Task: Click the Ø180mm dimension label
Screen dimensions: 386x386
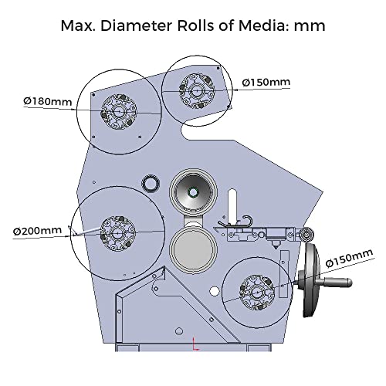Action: coord(48,101)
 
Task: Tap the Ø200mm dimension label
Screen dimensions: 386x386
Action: coord(38,231)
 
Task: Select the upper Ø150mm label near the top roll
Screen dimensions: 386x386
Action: coord(266,83)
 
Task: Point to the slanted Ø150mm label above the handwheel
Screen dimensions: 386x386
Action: coord(349,258)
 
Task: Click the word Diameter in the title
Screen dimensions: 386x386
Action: coord(136,25)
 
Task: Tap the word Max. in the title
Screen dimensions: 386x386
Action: coord(78,25)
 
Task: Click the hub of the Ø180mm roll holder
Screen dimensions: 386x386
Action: coord(119,112)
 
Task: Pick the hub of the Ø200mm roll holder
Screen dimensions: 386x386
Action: coord(117,233)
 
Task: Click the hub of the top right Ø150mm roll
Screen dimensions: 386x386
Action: coord(197,91)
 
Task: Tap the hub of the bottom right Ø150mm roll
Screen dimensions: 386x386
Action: coord(257,293)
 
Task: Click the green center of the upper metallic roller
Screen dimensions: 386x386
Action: coord(192,192)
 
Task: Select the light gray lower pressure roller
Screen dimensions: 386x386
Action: coord(193,249)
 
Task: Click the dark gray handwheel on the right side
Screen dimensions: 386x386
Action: coord(311,280)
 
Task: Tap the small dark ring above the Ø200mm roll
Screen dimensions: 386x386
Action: coord(151,183)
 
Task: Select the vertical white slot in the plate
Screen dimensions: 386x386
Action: coord(232,205)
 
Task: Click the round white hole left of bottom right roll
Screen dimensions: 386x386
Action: coord(214,291)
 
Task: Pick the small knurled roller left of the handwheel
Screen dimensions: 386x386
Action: coord(306,235)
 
